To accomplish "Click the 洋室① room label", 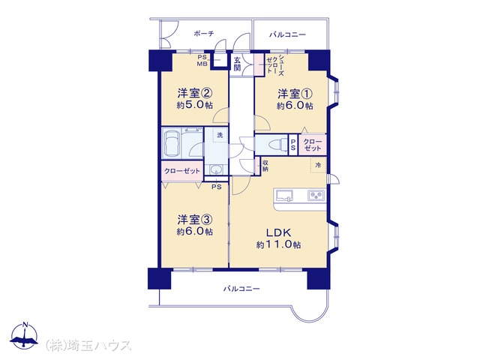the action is (295, 94).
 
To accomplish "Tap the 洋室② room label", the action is (195, 93).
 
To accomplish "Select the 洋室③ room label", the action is (195, 220).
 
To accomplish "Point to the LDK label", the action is (278, 232).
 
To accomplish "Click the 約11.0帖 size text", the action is (278, 245).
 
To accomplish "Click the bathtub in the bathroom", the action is (172, 143).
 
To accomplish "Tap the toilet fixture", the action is (274, 144).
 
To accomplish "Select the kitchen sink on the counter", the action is (284, 195).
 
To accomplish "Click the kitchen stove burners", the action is (316, 195).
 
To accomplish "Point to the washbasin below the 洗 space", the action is (216, 169).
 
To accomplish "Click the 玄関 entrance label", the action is (237, 64).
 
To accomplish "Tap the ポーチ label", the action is (204, 33).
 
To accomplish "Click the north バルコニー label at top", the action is (287, 34).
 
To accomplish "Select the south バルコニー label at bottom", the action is (241, 289).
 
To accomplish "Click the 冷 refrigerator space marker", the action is (318, 165).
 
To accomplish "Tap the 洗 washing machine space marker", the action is (220, 135).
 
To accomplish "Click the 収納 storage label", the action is (265, 166).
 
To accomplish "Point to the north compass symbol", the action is (24, 335).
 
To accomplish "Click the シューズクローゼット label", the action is (275, 66).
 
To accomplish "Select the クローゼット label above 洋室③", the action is (181, 171).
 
